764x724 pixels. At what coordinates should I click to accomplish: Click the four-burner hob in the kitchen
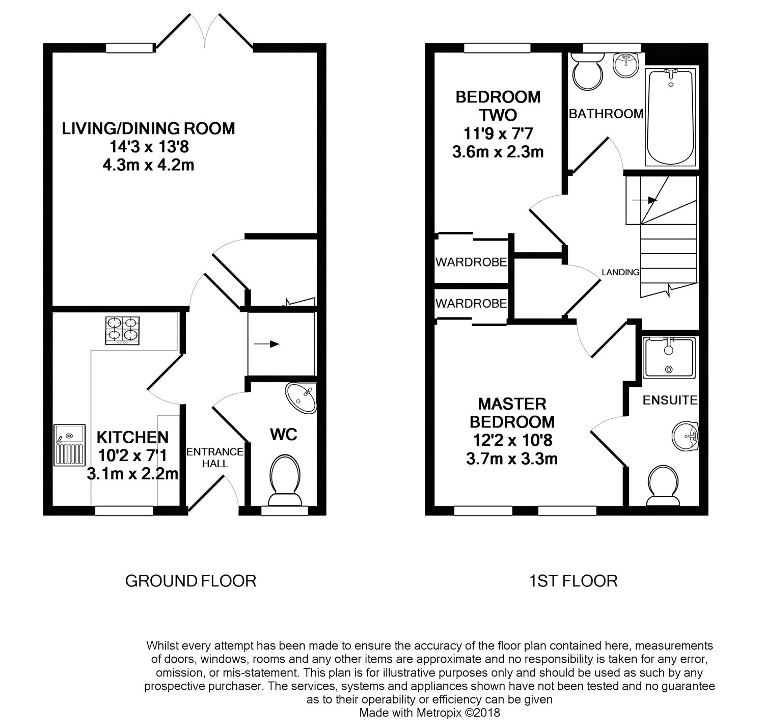pos(122,331)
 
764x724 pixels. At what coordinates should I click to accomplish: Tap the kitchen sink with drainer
pos(70,445)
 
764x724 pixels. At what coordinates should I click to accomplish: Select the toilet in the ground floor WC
pos(285,480)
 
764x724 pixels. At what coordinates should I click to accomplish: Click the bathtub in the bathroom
pos(670,117)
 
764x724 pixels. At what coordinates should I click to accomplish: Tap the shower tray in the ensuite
pos(668,358)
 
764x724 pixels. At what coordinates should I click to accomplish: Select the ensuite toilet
pos(663,486)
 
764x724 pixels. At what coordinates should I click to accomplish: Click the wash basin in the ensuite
pos(685,436)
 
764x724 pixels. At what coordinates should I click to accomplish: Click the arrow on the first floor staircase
pos(645,200)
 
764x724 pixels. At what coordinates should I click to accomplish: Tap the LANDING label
pos(620,272)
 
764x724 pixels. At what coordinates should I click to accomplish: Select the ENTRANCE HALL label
pos(215,458)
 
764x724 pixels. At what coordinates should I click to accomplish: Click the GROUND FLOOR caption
pos(190,581)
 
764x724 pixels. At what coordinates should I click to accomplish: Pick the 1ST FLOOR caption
pos(573,581)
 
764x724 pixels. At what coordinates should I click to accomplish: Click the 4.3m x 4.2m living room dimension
pos(148,165)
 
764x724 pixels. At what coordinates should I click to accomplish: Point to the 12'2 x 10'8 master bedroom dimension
pos(512,441)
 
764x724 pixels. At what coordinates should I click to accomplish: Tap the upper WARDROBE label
pos(471,262)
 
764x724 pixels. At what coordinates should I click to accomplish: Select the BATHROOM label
pos(606,114)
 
